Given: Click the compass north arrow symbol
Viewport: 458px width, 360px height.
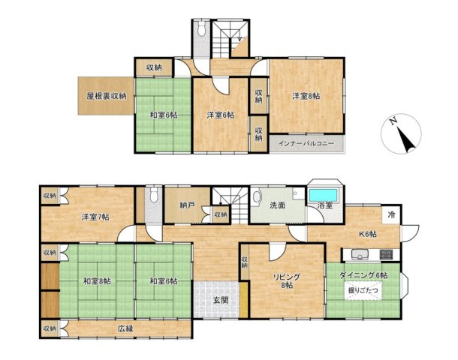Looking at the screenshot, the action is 401,133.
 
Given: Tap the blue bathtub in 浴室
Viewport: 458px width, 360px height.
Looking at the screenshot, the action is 324,194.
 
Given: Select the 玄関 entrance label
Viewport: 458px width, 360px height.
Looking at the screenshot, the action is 221,300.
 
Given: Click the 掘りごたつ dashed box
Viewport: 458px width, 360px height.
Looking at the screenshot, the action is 363,290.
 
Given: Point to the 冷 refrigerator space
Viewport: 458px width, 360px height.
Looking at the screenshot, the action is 391,214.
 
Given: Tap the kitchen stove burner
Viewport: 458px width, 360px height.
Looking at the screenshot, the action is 386,255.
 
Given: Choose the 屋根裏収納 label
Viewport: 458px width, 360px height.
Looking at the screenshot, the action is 107,96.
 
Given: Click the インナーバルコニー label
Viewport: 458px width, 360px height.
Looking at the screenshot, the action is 306,143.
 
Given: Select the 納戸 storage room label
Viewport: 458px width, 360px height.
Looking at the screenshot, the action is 187,205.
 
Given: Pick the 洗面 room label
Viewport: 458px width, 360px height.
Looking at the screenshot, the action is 277,205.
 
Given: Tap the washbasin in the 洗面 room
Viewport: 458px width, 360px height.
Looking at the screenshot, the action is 257,196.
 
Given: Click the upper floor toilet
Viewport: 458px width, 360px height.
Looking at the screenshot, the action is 201,29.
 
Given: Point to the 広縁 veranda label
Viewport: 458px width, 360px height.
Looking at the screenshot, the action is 126,328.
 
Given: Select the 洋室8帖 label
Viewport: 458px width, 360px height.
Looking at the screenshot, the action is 306,96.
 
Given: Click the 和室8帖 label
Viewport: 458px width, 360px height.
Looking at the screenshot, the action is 97,281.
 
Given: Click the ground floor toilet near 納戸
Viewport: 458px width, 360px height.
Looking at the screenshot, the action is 153,194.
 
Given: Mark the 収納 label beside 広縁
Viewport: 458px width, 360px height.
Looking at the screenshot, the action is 50,328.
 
